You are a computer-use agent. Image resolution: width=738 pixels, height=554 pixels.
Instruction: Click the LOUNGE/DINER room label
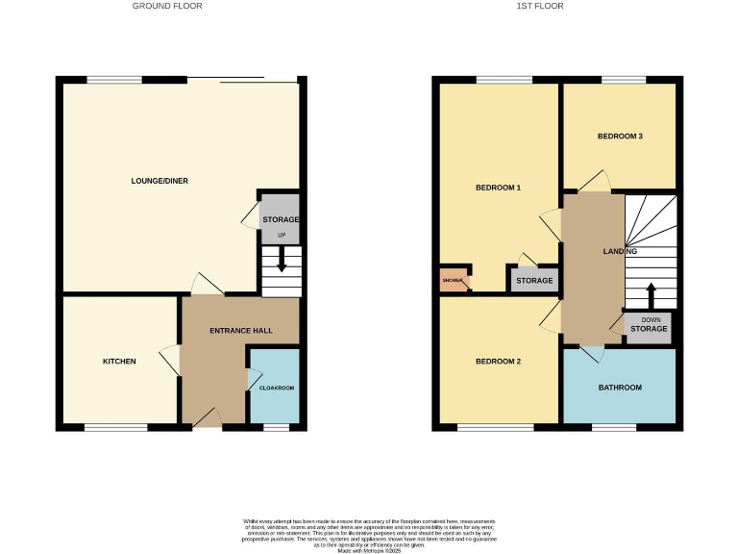pyautogui.click(x=159, y=180)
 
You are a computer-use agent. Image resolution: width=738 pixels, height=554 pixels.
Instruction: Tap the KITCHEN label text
pyautogui.click(x=120, y=362)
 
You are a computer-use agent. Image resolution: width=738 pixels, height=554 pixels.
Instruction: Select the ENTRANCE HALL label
pyautogui.click(x=241, y=331)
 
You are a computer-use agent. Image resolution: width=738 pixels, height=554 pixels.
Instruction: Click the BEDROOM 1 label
pyautogui.click(x=498, y=188)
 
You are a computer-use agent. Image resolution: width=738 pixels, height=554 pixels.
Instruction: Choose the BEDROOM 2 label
pyautogui.click(x=498, y=362)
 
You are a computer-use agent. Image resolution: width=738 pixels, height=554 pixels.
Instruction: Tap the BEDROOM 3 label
pyautogui.click(x=620, y=137)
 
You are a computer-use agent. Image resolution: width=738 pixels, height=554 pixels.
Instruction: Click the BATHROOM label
pyautogui.click(x=620, y=388)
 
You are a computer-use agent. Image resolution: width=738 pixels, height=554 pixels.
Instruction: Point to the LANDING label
pyautogui.click(x=620, y=252)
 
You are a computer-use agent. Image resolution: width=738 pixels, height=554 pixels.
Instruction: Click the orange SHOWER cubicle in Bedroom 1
pyautogui.click(x=453, y=281)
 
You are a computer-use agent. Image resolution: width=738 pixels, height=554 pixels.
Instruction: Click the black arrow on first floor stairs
pyautogui.click(x=651, y=292)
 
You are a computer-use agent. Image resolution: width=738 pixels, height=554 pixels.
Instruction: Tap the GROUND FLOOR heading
pyautogui.click(x=167, y=6)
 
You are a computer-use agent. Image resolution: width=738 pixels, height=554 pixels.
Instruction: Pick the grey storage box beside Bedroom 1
pyautogui.click(x=534, y=279)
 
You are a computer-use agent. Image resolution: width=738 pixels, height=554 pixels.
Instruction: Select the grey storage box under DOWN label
pyautogui.click(x=649, y=329)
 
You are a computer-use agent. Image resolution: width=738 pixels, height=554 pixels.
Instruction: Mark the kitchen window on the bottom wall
pyautogui.click(x=115, y=425)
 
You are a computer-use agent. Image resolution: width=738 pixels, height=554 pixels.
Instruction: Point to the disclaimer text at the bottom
pyautogui.click(x=369, y=533)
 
